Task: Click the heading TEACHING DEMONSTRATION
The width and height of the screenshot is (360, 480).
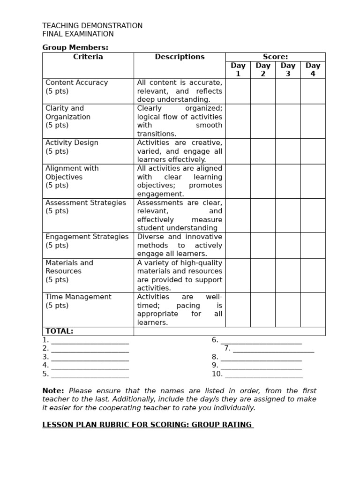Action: [92, 26]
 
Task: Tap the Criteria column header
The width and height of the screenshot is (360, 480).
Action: [88, 57]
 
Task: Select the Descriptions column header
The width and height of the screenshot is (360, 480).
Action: [180, 57]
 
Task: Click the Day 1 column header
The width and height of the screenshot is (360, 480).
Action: [238, 69]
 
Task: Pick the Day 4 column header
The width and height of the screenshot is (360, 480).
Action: [313, 69]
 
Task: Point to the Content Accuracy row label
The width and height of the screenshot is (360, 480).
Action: [76, 82]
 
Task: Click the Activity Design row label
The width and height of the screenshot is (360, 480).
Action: [72, 142]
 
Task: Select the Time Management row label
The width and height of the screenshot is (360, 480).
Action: [78, 297]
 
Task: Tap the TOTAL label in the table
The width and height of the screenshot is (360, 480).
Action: [59, 331]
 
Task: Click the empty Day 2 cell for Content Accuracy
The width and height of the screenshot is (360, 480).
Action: [262, 91]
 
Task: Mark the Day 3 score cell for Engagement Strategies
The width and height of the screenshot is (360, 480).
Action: [288, 245]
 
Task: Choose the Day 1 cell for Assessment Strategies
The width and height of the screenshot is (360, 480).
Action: [238, 215]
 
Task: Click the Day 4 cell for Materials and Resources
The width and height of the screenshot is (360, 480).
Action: [313, 275]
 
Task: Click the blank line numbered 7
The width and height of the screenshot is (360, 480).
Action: [273, 349]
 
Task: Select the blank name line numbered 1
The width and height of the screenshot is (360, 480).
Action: [90, 340]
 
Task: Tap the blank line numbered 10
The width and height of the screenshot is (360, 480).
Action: [264, 374]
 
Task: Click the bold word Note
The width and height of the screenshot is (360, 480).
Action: [53, 391]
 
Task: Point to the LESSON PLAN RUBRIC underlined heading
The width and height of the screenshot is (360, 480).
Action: [148, 425]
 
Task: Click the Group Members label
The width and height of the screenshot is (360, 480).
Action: [75, 47]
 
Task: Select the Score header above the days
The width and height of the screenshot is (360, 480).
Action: [275, 57]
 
